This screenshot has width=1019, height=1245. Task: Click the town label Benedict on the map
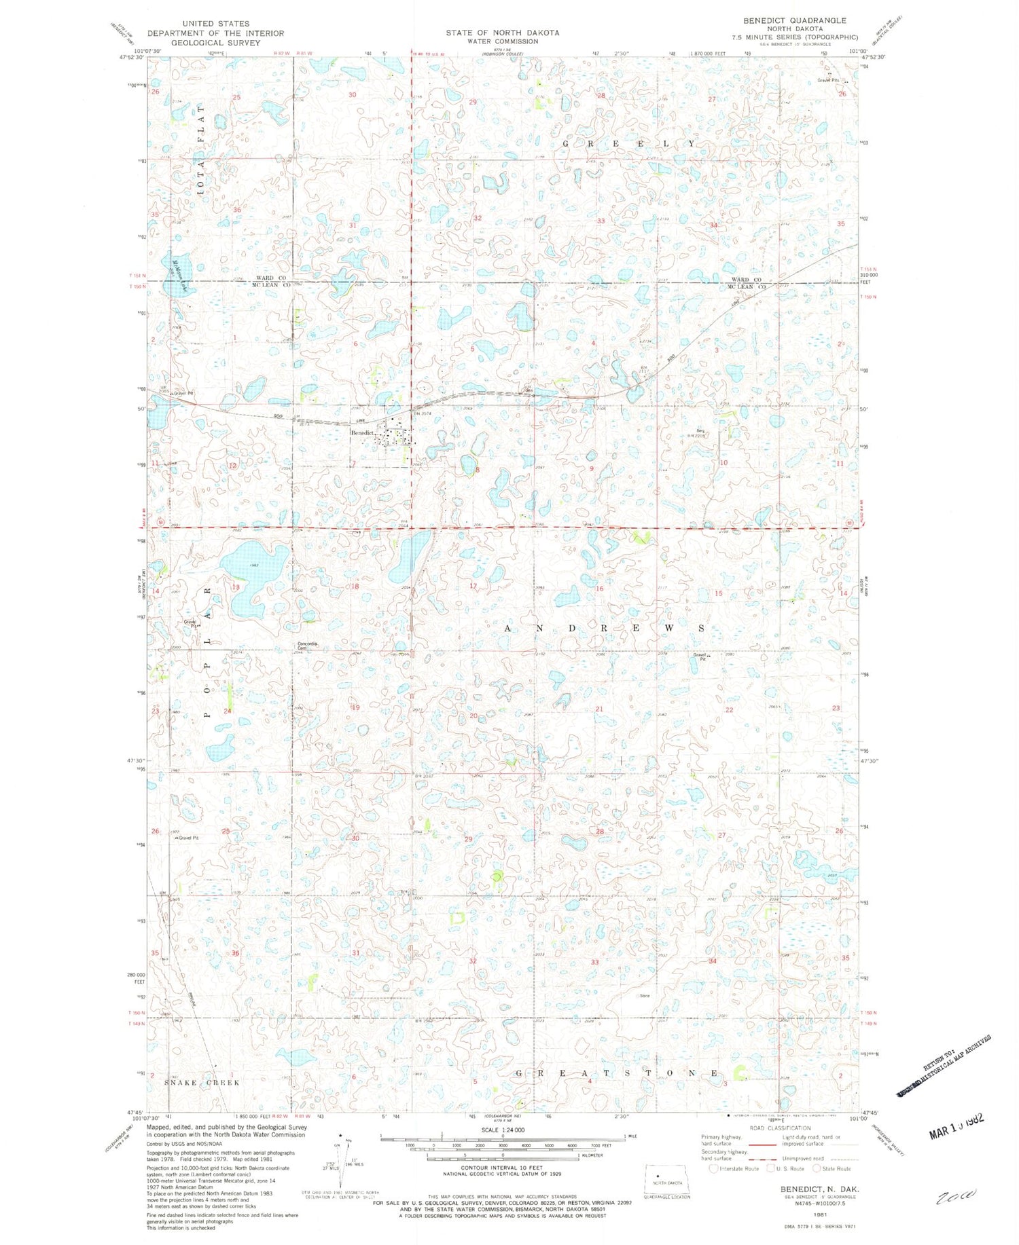(x=362, y=432)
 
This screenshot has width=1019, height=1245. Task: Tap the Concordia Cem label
(x=308, y=646)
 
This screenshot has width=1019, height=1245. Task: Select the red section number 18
(x=355, y=586)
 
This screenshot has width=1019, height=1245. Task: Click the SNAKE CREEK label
(x=203, y=1082)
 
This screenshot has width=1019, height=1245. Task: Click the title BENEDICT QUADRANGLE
(x=794, y=20)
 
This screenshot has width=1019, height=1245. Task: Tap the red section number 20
(x=473, y=716)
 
